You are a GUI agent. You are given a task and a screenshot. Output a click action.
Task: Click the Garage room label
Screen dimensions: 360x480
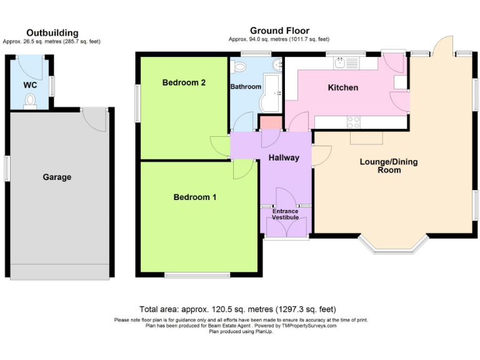(x=57, y=177)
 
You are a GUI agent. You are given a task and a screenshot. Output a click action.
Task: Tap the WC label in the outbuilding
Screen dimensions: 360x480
(x=30, y=84)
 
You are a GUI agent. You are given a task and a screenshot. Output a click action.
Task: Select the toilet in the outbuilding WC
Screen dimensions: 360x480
(x=29, y=101)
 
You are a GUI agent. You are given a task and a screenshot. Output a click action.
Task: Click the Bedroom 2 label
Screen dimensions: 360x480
(x=184, y=82)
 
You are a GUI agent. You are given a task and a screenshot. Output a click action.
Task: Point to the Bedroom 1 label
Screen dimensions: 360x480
(x=195, y=197)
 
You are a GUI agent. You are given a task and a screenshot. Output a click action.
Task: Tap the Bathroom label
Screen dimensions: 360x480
(x=246, y=87)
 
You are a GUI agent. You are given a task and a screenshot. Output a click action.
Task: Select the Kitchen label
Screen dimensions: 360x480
(x=343, y=87)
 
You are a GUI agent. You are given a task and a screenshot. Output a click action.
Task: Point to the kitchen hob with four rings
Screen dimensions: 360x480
(x=353, y=122)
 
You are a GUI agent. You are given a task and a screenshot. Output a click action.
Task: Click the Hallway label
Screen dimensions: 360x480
(x=284, y=158)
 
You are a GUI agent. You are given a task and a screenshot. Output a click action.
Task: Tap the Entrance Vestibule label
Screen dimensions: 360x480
(x=285, y=214)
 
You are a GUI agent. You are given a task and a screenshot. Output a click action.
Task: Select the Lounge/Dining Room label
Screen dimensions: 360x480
(x=389, y=166)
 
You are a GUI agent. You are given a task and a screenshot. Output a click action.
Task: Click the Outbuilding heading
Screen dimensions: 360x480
(x=52, y=32)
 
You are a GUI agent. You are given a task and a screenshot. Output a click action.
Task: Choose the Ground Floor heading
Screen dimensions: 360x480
(x=279, y=31)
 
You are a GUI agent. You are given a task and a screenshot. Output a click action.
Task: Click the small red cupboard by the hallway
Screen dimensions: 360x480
(x=270, y=123)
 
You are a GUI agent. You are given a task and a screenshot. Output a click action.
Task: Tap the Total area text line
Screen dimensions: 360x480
(x=237, y=309)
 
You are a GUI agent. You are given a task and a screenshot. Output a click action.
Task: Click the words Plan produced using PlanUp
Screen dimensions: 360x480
(x=241, y=331)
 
